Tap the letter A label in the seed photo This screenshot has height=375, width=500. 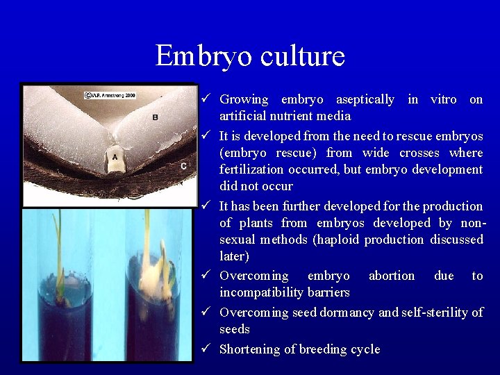click(x=114, y=157)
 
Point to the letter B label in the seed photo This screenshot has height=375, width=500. click(x=154, y=117)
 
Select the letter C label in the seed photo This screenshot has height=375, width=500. click(x=183, y=165)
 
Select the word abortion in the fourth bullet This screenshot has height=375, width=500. click(x=391, y=276)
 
